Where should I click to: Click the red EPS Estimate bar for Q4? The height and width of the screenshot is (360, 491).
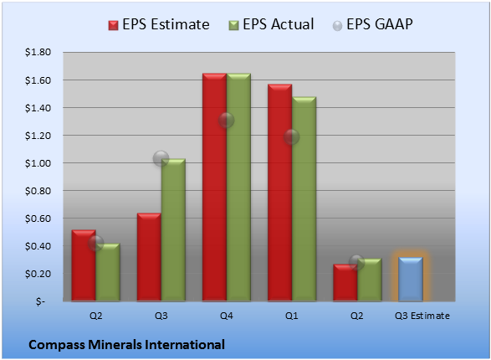click(x=214, y=187)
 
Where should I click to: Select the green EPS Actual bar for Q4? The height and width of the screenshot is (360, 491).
click(x=238, y=187)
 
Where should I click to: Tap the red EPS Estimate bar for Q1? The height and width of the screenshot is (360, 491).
click(x=280, y=193)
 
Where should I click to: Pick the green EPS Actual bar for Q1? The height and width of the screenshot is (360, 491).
click(x=304, y=199)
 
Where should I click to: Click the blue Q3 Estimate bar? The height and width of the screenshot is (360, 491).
click(x=411, y=279)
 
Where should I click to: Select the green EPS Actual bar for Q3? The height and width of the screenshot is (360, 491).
click(x=173, y=230)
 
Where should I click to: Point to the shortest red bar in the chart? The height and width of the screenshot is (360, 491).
click(x=345, y=283)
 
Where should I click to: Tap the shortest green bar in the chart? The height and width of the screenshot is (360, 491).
click(x=370, y=280)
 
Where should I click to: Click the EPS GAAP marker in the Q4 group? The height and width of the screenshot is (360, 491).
click(x=226, y=120)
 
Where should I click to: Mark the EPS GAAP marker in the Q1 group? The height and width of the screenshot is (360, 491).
click(x=292, y=137)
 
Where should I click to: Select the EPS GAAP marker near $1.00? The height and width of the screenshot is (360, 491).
click(x=161, y=158)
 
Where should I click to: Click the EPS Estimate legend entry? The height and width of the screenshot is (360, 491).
click(x=159, y=24)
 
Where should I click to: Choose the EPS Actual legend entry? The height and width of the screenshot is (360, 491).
click(x=271, y=24)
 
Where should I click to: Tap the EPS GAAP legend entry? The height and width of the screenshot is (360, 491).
click(x=372, y=24)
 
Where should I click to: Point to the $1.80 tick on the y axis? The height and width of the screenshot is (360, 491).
click(x=38, y=52)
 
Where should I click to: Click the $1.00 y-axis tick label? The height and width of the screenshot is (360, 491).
click(x=38, y=163)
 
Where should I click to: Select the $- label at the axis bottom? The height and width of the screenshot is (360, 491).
click(x=40, y=301)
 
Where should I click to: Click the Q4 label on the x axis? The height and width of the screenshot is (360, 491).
click(x=227, y=316)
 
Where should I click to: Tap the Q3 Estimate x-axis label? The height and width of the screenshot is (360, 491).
click(x=422, y=316)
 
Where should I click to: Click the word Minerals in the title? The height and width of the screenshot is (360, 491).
click(x=115, y=345)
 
